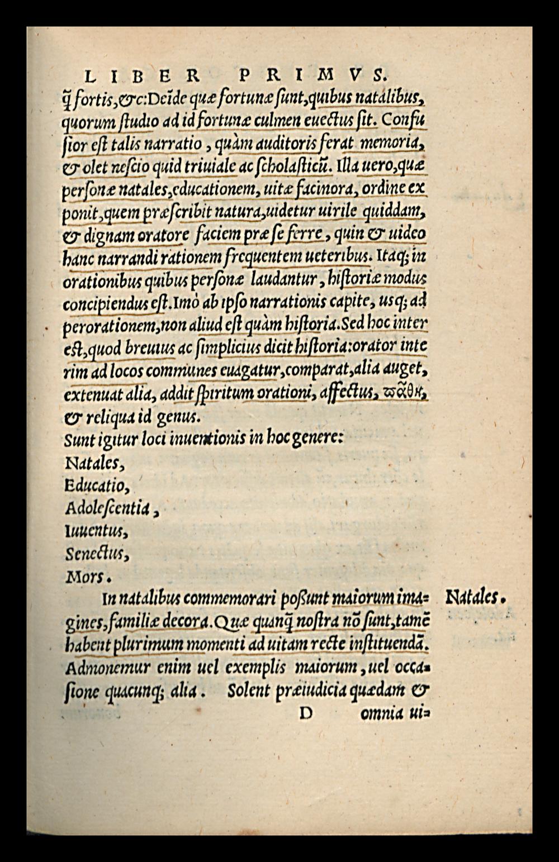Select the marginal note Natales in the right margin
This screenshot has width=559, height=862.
click(x=475, y=599)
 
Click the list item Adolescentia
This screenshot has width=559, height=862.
click(x=108, y=508)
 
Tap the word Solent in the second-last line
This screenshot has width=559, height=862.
click(x=249, y=691)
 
